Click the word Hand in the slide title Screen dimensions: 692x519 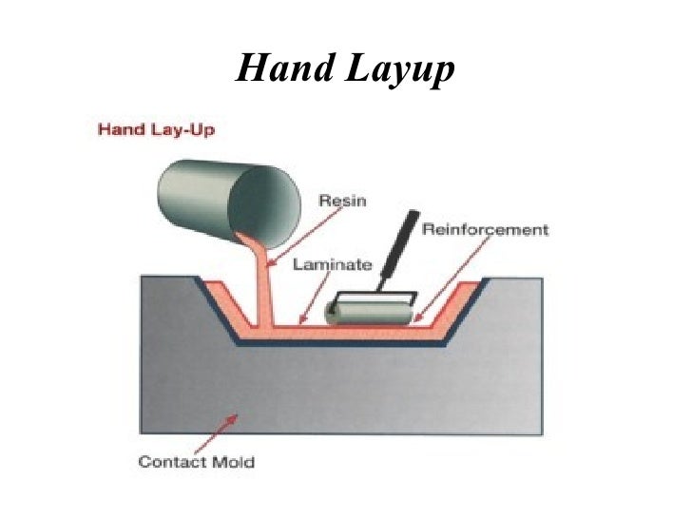pos(284,67)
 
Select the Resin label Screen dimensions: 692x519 pos(342,201)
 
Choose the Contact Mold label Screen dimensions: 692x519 pos(197,462)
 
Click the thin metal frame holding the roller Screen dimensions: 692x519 pos(386,289)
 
